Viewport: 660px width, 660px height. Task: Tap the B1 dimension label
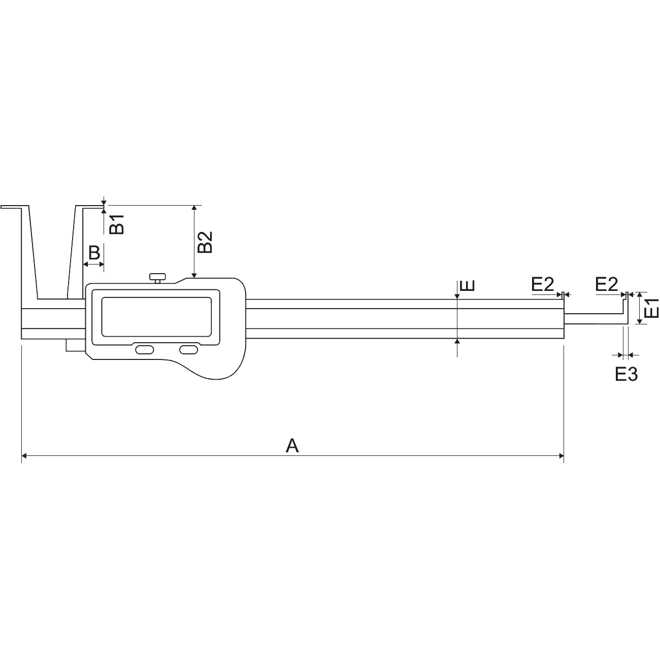[x=118, y=224]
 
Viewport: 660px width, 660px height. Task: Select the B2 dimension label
[x=205, y=242]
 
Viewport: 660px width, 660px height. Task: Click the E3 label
[x=626, y=374]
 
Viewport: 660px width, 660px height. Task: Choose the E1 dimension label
[x=651, y=308]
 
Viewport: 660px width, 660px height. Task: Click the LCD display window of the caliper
[x=154, y=316]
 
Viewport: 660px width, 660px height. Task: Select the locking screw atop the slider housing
[x=157, y=277]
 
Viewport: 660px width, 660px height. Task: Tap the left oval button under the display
[x=145, y=350]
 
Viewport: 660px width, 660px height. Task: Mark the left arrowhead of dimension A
[x=24, y=456]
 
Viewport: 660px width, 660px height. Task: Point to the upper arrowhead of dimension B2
[x=194, y=208]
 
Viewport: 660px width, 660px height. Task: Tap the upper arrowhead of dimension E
[x=457, y=296]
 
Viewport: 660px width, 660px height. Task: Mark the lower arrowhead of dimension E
[x=457, y=341]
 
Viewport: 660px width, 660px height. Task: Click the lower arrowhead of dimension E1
[x=640, y=321]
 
